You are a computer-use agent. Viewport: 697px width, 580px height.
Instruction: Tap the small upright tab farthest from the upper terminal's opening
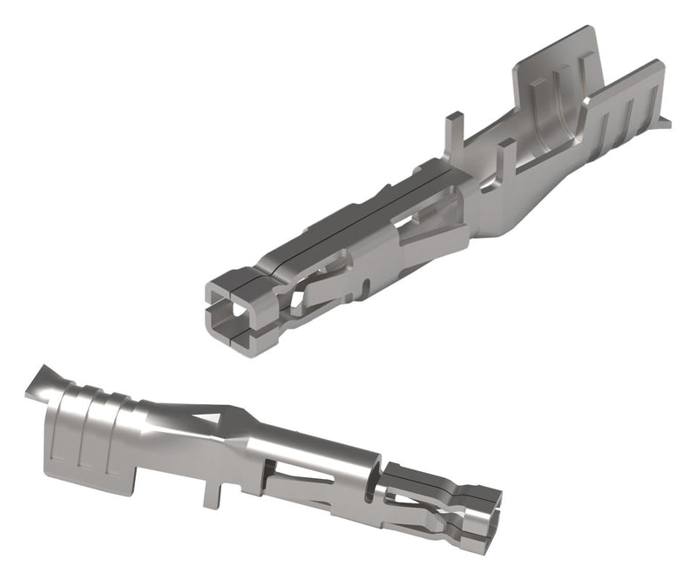click(506, 157)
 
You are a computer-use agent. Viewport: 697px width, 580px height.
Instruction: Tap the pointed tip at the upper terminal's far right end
click(667, 123)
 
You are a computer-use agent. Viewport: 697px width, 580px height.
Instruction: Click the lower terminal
click(261, 453)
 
